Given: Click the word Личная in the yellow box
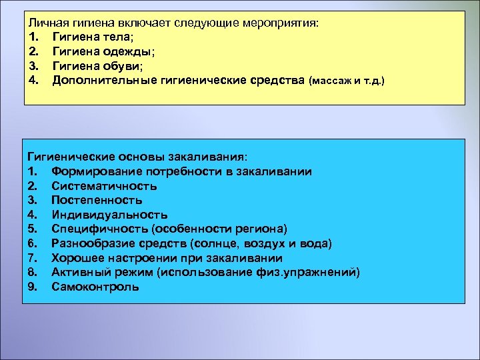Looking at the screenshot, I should click(45, 23).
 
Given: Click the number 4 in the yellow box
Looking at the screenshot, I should click(33, 81).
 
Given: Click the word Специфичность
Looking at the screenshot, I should click(92, 229).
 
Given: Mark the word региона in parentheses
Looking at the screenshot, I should click(259, 229).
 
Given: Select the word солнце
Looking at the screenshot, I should click(211, 243).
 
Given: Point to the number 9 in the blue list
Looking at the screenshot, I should click(32, 287).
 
